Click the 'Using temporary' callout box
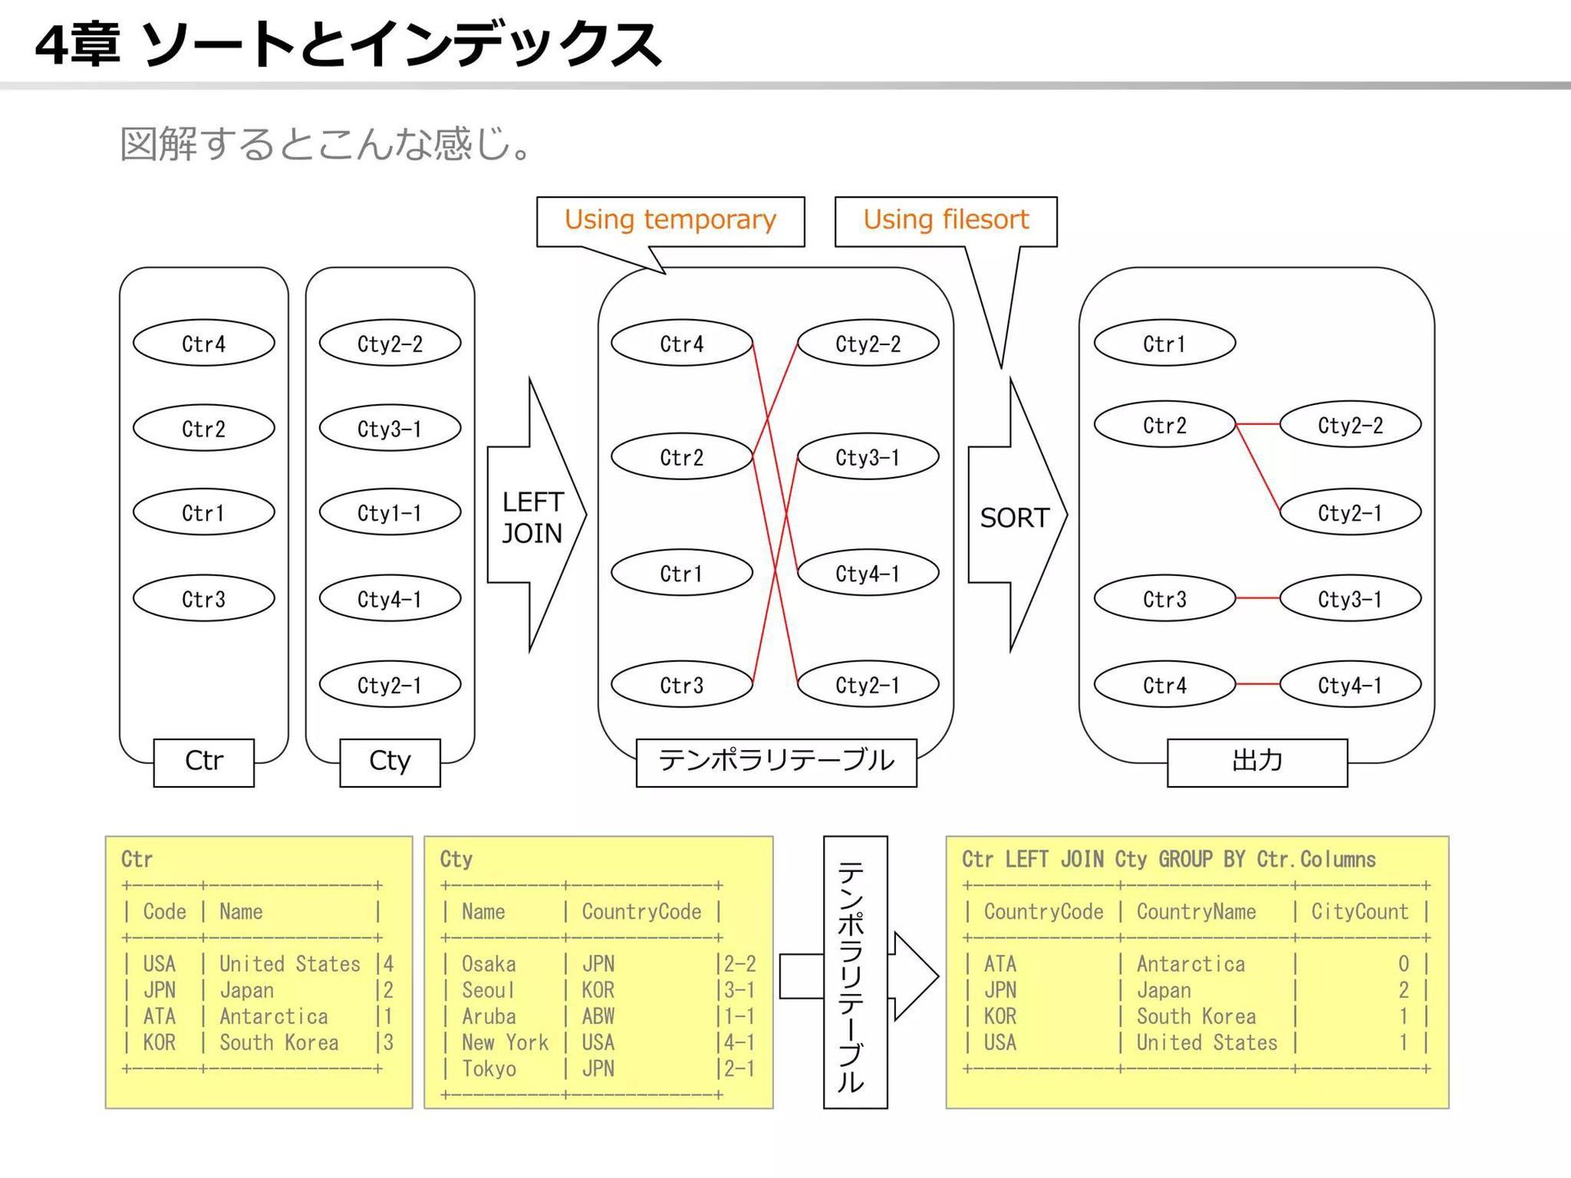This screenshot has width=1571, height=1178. point(670,221)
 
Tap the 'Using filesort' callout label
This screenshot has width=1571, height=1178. point(946,221)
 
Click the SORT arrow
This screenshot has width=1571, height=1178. point(1015,516)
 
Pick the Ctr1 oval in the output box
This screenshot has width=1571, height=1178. point(1164,344)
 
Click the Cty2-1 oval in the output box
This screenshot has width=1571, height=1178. point(1350,513)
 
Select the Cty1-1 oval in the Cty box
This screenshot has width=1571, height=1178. point(389,513)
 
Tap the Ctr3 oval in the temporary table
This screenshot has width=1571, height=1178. point(682,685)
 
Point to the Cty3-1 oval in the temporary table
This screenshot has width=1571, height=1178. point(867,457)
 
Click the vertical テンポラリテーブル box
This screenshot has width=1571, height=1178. point(855,972)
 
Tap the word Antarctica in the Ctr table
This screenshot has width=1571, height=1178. point(273,1017)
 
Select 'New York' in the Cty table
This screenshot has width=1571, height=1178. point(505,1043)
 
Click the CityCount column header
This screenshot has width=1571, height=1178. point(1360,912)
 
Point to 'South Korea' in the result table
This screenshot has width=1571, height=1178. point(1195,1017)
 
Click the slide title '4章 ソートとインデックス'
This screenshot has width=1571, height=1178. point(348,44)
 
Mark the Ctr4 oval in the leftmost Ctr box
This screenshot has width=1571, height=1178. point(204,344)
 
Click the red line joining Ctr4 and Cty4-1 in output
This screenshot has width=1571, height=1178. point(1258,683)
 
